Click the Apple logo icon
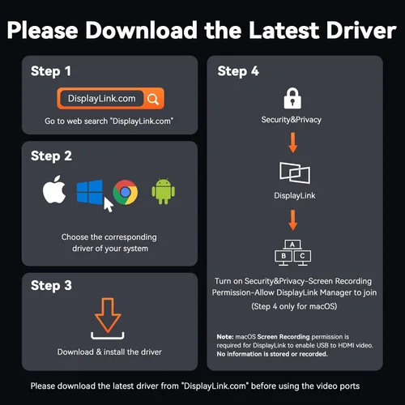(x=54, y=190)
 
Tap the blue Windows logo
(x=90, y=192)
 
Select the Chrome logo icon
(x=126, y=192)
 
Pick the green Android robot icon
(x=164, y=191)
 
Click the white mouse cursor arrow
(x=108, y=205)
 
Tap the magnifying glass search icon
(x=153, y=99)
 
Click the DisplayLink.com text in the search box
(x=101, y=99)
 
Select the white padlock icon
(x=292, y=98)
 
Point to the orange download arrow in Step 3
(x=108, y=315)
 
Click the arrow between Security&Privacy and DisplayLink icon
(x=293, y=143)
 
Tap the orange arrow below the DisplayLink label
(x=293, y=220)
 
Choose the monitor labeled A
(x=292, y=245)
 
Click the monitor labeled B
(x=283, y=257)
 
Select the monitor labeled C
(x=302, y=257)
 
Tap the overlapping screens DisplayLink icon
(x=295, y=173)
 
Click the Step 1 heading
(x=51, y=71)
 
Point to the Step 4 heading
(x=238, y=71)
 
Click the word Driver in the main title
(x=361, y=30)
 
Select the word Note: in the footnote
(x=225, y=337)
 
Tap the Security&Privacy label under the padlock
(x=292, y=120)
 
